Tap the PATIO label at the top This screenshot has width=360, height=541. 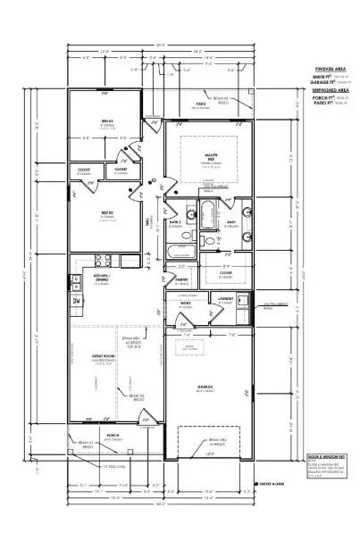(202, 104)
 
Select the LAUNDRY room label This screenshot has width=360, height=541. (226, 299)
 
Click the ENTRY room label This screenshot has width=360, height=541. (186, 303)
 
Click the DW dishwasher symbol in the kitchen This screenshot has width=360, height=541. (77, 300)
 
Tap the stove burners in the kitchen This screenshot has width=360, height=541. (102, 261)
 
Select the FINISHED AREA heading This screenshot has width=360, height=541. (325, 69)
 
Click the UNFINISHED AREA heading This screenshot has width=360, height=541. (325, 90)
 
